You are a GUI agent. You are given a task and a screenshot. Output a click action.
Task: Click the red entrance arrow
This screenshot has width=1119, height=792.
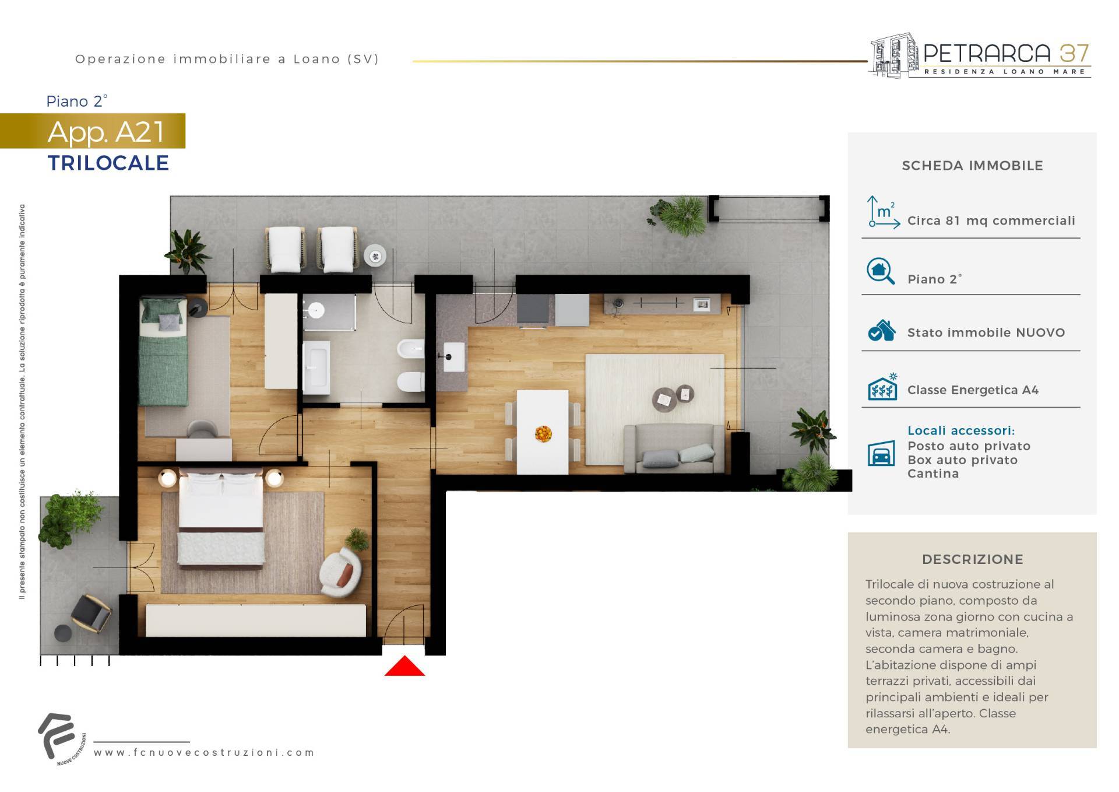(404, 666)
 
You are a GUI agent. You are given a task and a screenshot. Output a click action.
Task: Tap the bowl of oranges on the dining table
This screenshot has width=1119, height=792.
(543, 433)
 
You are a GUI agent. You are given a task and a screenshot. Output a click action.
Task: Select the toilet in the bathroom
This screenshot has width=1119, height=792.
(410, 383)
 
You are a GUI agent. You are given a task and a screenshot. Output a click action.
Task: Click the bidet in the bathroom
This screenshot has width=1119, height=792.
(410, 349)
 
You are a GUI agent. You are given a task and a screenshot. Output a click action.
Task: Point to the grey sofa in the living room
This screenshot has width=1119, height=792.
(674, 448)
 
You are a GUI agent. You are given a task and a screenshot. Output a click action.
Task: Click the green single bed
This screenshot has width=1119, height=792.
(163, 352)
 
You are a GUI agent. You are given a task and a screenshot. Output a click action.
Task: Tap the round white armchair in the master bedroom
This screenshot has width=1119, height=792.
(340, 572)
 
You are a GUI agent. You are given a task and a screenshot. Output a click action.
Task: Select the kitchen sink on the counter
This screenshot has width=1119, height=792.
(454, 356)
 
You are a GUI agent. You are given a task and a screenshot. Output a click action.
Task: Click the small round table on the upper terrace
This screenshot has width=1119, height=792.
(375, 255)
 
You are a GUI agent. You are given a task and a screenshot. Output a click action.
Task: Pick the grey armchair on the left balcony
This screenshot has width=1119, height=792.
(91, 612)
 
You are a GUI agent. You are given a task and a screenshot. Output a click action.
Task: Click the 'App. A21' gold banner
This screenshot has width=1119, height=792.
(93, 131)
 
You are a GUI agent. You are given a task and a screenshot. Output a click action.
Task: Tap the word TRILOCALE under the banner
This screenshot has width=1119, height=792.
(108, 163)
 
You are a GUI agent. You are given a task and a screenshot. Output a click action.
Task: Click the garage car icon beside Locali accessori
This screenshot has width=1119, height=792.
(881, 453)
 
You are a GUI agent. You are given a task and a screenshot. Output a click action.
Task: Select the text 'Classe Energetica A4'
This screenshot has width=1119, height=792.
(973, 390)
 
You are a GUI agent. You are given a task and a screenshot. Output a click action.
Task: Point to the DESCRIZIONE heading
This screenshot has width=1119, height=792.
(973, 559)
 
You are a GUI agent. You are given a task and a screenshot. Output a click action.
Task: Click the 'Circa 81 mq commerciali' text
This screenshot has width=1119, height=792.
(991, 221)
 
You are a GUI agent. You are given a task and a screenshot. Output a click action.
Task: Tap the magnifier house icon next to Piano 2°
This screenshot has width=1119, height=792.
(881, 272)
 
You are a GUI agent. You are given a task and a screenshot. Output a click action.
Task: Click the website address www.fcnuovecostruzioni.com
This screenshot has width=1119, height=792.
(204, 752)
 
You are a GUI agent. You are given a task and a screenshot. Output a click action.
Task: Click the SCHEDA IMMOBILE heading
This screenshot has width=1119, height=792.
(973, 166)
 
